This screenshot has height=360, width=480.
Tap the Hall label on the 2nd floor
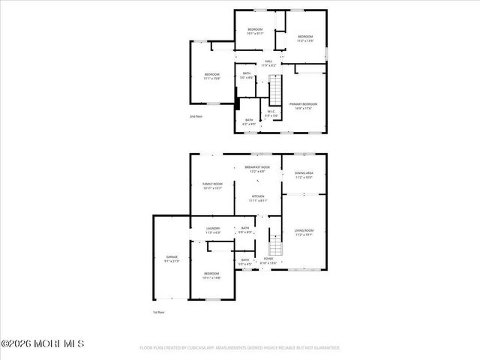[x=268, y=63]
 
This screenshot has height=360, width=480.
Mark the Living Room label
[x=303, y=232]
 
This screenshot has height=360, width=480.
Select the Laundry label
[x=212, y=229]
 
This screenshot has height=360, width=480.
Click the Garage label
[x=172, y=259]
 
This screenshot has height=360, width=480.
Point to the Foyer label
[x=268, y=260]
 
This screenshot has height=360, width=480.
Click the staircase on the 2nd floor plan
[x=276, y=91]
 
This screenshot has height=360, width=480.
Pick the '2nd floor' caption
[x=196, y=116]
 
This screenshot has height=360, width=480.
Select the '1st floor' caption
[x=158, y=311]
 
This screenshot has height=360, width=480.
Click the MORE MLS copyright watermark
[x=43, y=343]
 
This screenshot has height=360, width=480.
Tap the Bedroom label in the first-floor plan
[x=213, y=276]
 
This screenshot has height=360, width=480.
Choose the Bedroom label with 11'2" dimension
[x=304, y=39]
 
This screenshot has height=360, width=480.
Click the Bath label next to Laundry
[x=245, y=229]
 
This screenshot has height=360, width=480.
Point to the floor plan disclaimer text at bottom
[x=240, y=348]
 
